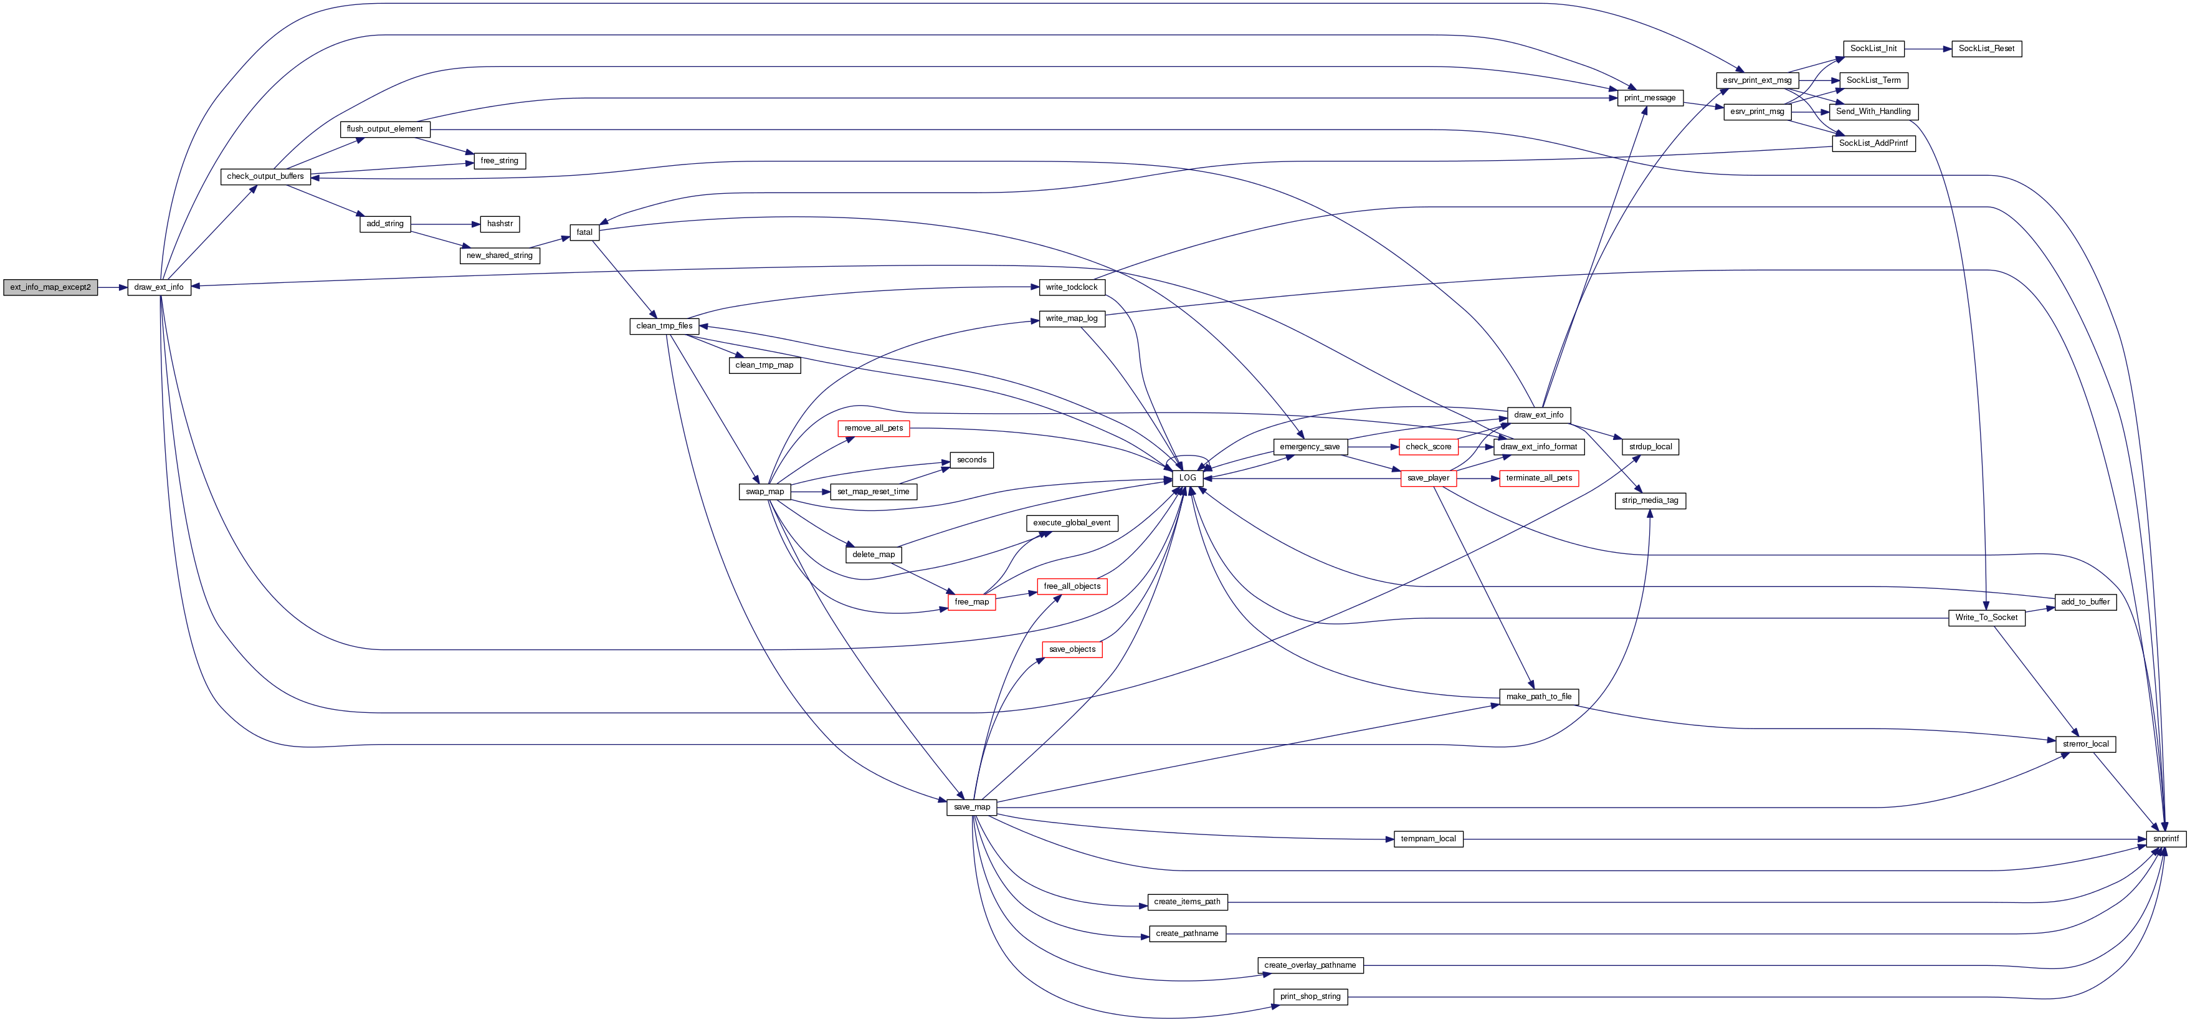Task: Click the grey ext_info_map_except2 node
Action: point(50,287)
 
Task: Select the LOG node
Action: point(1188,478)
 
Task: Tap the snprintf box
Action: point(2165,838)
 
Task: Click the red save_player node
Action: point(1428,478)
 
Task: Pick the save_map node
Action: point(972,807)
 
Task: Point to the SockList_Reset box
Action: point(1986,49)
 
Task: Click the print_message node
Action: point(1649,98)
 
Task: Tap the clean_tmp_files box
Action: point(664,326)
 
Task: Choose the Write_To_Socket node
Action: point(1986,618)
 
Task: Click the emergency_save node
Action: point(1309,446)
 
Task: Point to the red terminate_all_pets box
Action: point(1539,478)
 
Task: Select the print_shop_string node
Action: point(1310,996)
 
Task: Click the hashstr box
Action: point(500,224)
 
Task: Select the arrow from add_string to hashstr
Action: point(445,224)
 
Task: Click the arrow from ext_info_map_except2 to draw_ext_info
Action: point(112,287)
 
